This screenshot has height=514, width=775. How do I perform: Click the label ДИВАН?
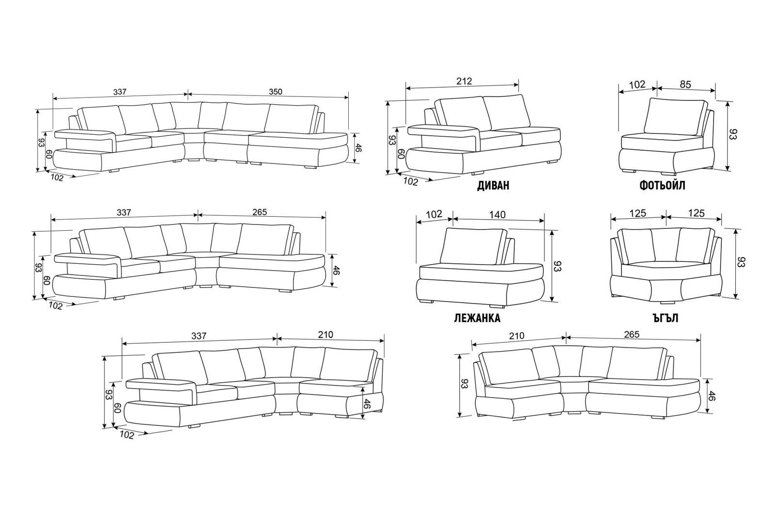point(493,186)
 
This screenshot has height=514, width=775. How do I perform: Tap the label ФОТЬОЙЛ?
point(662,186)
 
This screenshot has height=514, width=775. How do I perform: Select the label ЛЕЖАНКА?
point(477,318)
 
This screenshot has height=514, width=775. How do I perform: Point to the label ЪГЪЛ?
point(665,318)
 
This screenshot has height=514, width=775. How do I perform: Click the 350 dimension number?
point(275,91)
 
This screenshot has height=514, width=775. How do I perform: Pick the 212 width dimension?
point(464,81)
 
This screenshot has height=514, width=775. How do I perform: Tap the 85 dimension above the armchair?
point(685,84)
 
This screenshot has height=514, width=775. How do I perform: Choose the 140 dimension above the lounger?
point(497,214)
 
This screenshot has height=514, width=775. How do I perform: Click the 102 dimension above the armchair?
point(637,84)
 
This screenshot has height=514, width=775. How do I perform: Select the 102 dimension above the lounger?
point(434,214)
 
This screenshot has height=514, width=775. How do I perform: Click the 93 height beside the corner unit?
point(742,262)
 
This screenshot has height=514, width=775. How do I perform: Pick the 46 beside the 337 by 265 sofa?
point(337,270)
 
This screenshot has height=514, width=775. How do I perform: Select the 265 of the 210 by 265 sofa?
point(632,335)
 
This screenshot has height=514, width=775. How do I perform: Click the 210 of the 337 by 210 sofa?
point(325,335)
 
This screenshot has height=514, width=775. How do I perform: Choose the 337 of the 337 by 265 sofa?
point(124,212)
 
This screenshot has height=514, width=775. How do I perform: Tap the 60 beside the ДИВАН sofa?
point(401,154)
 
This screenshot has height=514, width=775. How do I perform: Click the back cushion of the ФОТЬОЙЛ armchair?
point(675,118)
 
